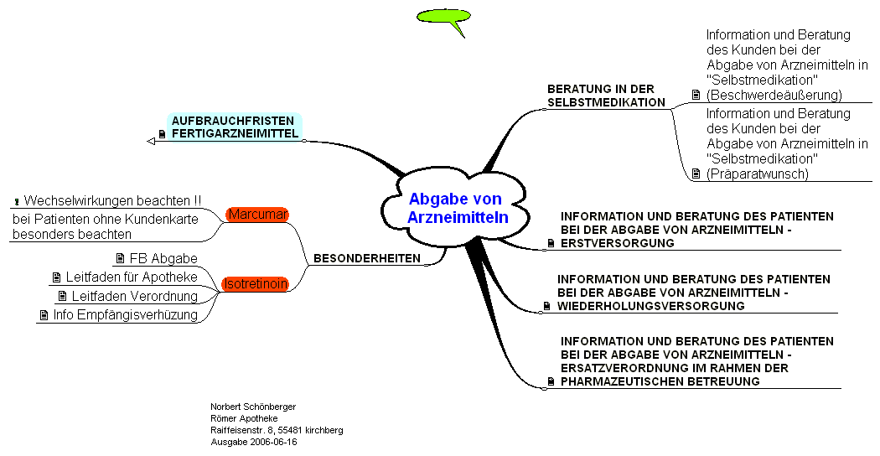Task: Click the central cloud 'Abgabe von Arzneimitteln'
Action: point(454,209)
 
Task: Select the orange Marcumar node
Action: point(257,215)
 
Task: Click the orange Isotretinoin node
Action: point(255,284)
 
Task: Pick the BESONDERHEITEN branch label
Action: point(366,258)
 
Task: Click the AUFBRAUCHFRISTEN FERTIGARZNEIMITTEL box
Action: point(234,127)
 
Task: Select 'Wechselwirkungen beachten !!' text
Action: point(112,201)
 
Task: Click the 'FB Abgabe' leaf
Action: point(163,258)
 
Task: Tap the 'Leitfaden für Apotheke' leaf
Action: point(132,277)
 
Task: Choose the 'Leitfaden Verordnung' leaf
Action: point(134,296)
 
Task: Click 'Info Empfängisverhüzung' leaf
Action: point(125,315)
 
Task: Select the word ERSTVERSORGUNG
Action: point(618,243)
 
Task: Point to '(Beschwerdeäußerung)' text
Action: point(774,96)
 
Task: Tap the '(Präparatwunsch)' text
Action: point(757,174)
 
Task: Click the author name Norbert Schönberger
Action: point(252,407)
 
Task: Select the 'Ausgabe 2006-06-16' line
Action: point(253,442)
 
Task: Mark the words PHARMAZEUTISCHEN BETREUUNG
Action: point(660,381)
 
